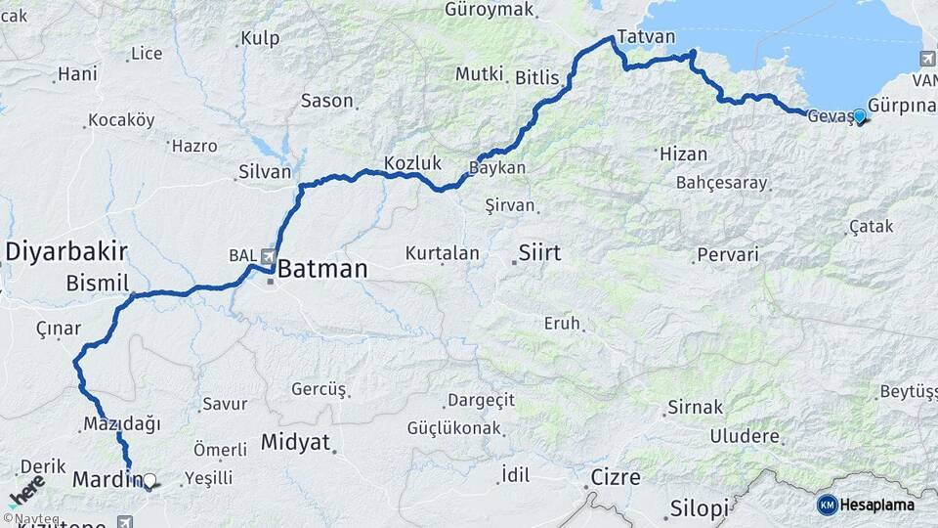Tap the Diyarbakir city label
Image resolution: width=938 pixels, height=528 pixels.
pyautogui.click(x=67, y=251)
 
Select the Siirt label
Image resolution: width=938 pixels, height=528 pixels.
pyautogui.click(x=539, y=253)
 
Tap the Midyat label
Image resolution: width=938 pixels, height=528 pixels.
pyautogui.click(x=295, y=442)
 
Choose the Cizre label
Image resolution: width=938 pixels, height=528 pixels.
pyautogui.click(x=616, y=478)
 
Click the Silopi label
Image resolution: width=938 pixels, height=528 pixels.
pyautogui.click(x=700, y=509)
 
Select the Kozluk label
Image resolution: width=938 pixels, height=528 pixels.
pyautogui.click(x=412, y=163)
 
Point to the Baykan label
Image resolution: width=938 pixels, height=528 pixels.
pyautogui.click(x=499, y=168)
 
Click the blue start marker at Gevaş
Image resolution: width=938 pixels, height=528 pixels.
pyautogui.click(x=859, y=116)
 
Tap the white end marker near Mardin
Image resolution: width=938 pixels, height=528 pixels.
pyautogui.click(x=149, y=480)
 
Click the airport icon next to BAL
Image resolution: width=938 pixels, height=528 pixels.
pyautogui.click(x=265, y=255)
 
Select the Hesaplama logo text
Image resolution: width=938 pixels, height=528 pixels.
pyautogui.click(x=878, y=505)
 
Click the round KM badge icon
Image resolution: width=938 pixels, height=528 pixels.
pyautogui.click(x=827, y=505)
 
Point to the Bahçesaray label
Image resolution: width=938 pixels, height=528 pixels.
pyautogui.click(x=722, y=183)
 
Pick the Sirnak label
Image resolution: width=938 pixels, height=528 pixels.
pyautogui.click(x=695, y=407)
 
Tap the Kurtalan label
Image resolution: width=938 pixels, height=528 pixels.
pyautogui.click(x=443, y=253)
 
